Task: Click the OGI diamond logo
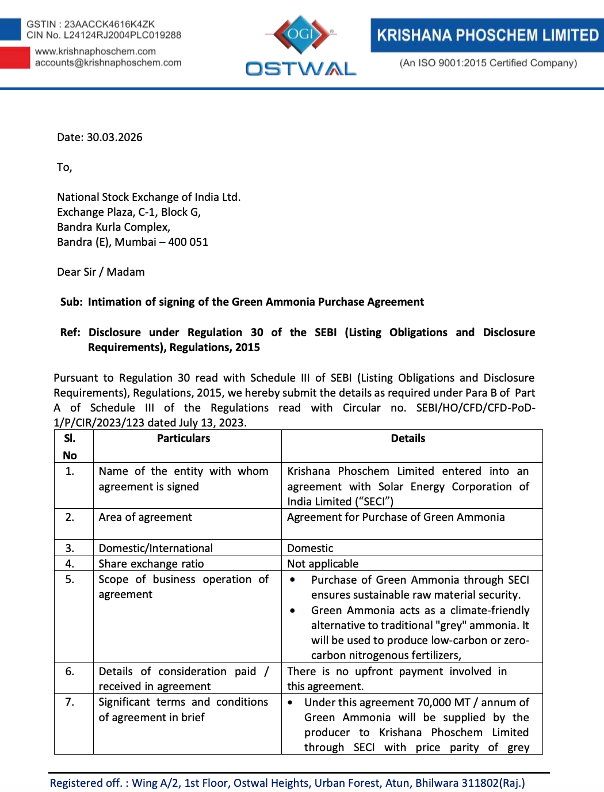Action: tap(301, 35)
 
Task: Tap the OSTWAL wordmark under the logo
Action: tap(301, 69)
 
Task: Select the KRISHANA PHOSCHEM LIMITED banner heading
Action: tap(488, 36)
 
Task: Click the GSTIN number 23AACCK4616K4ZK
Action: tap(109, 24)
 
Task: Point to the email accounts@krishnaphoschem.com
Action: tap(108, 63)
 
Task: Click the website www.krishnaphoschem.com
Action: tap(95, 51)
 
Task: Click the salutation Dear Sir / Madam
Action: tap(101, 272)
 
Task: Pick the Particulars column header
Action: tap(184, 439)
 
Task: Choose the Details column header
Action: tap(408, 439)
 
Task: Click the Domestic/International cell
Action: tap(156, 548)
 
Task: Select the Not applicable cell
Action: tap(323, 563)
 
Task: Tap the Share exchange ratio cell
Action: tap(151, 563)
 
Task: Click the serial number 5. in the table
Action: tap(70, 579)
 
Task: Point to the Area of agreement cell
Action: tap(146, 517)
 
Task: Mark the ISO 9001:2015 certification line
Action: tap(488, 63)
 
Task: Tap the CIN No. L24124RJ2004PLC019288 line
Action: tap(104, 35)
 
